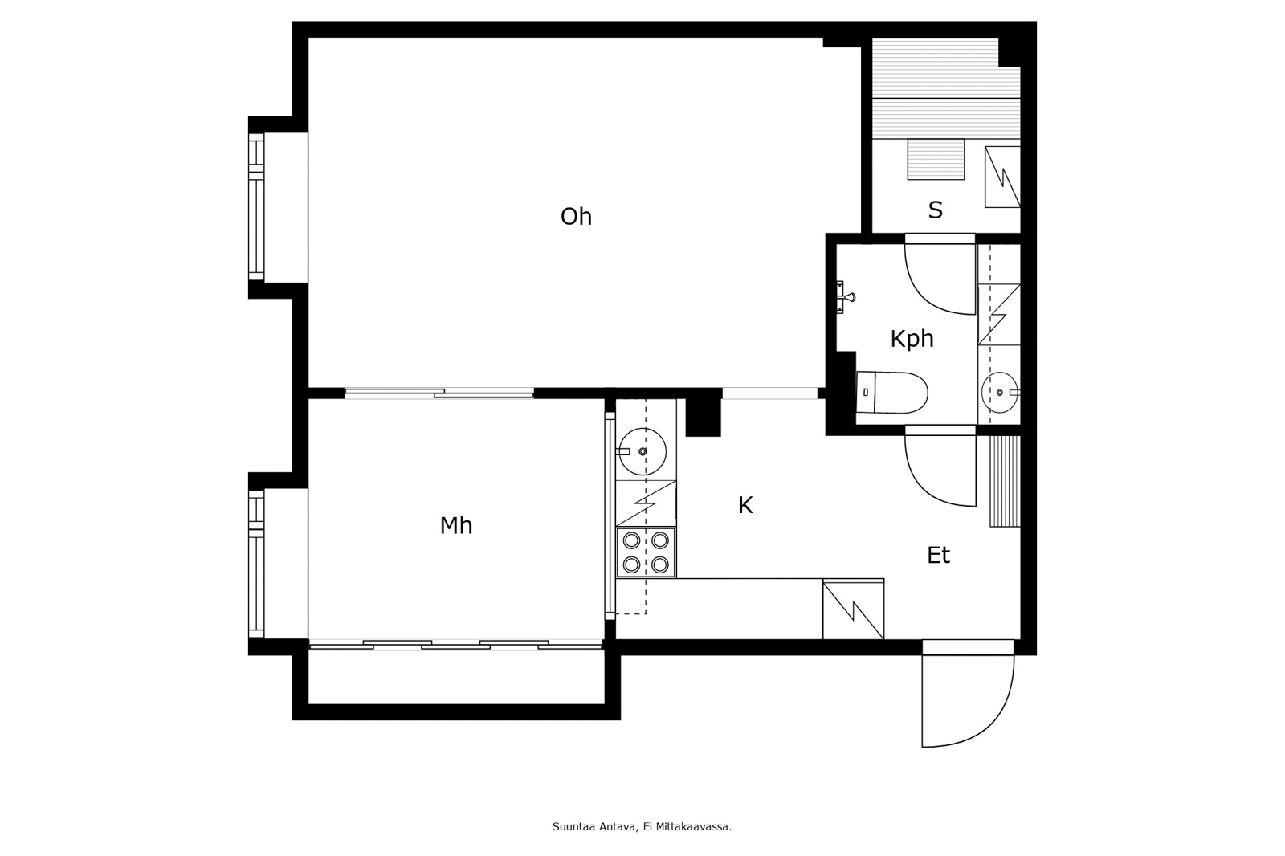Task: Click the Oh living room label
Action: (x=576, y=217)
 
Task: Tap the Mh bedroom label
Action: (x=455, y=526)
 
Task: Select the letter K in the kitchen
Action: (x=745, y=506)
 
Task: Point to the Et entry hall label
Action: (x=938, y=556)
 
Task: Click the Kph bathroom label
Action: (x=912, y=339)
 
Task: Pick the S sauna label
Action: (x=935, y=210)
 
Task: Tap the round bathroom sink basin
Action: (x=999, y=393)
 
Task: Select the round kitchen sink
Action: (x=642, y=452)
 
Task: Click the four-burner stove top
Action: (x=646, y=552)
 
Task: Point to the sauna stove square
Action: (x=936, y=159)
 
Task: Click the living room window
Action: (x=256, y=207)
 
